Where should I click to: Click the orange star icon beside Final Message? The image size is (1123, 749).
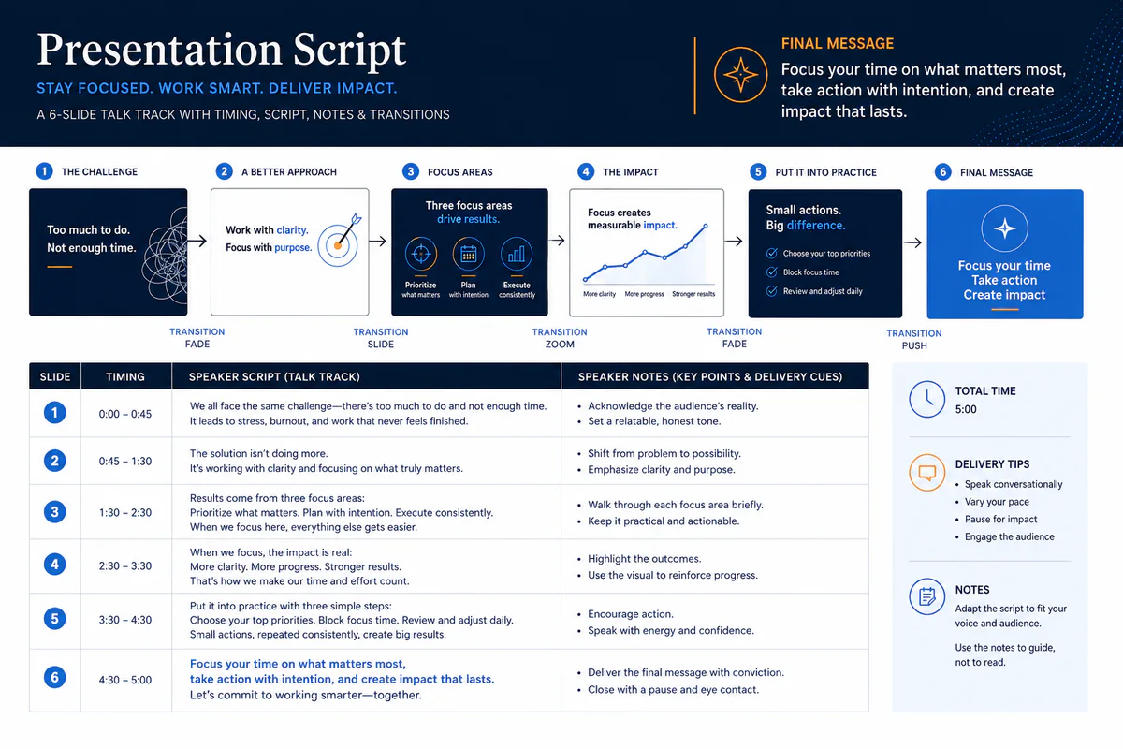(740, 75)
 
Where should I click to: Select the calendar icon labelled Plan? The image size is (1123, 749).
(468, 254)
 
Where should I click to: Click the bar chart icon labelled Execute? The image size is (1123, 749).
(517, 254)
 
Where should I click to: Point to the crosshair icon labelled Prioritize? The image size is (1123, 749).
(420, 254)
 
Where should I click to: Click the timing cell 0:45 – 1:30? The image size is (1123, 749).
(125, 461)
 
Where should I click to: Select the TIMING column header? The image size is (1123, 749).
(125, 376)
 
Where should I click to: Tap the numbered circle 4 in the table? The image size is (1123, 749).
(54, 565)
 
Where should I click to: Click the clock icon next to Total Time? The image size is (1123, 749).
(927, 400)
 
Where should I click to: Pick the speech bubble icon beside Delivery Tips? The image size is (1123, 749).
(927, 473)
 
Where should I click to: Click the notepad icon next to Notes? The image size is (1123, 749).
(927, 596)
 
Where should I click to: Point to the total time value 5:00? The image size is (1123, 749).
(966, 409)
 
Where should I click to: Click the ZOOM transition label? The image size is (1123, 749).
(560, 345)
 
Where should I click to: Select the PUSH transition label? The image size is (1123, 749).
(914, 346)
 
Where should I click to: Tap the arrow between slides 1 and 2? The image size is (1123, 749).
(197, 241)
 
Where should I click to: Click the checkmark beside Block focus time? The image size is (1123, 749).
(772, 272)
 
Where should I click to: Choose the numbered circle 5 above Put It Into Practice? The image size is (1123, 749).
(758, 172)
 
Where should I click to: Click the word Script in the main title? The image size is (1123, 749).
(349, 51)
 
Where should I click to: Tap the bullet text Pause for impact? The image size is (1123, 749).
(1000, 520)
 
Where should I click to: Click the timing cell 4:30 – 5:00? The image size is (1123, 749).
(125, 681)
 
